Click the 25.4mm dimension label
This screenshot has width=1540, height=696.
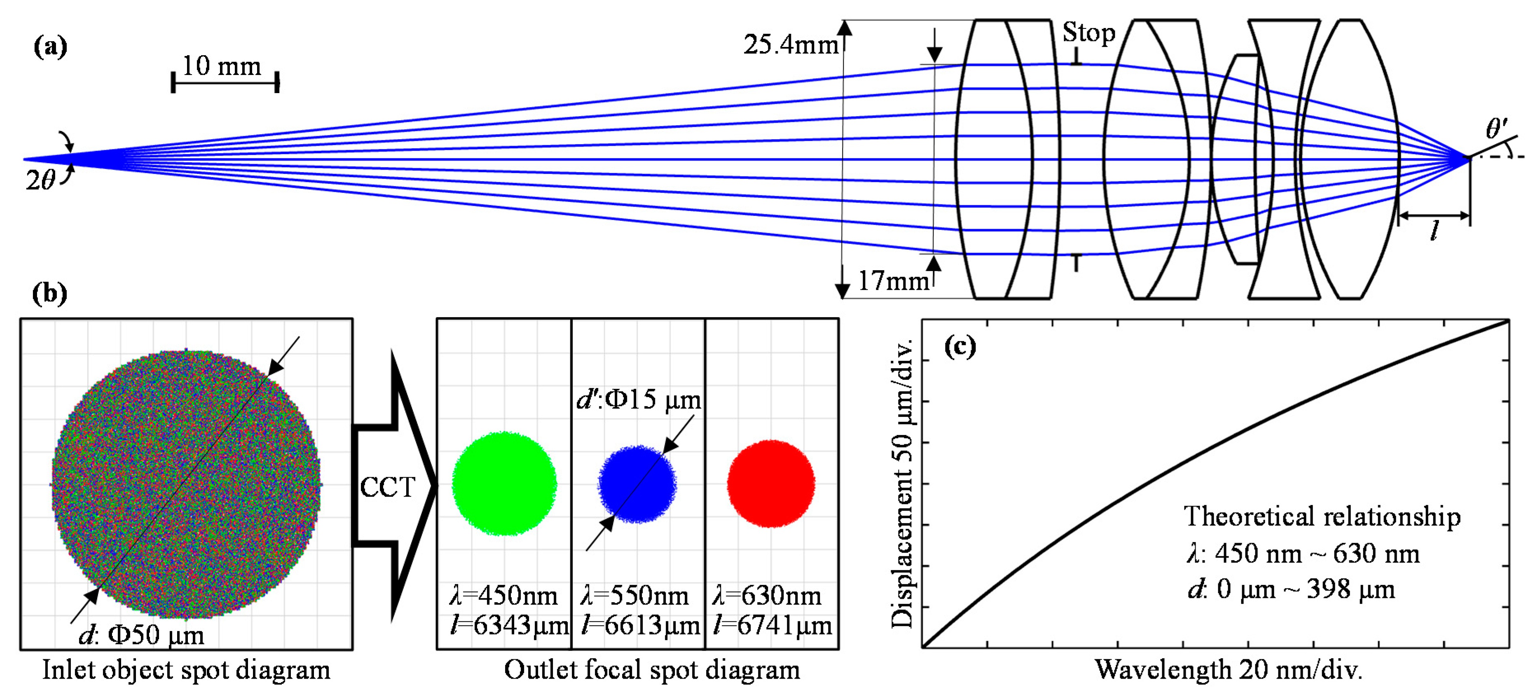tap(790, 45)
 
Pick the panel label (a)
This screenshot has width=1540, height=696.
tap(50, 47)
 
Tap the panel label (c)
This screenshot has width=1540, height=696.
tap(960, 346)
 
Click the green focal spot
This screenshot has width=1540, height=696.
tap(504, 483)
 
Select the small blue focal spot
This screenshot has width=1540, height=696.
tap(637, 484)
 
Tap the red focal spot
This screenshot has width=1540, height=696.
tap(770, 483)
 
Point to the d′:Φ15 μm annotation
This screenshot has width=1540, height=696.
tap(639, 399)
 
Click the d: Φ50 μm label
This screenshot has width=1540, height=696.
tap(142, 635)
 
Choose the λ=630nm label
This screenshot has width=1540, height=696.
tap(767, 596)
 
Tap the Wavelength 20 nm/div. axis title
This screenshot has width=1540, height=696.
tap(1228, 670)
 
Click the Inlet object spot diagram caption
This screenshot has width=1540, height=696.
tap(186, 670)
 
